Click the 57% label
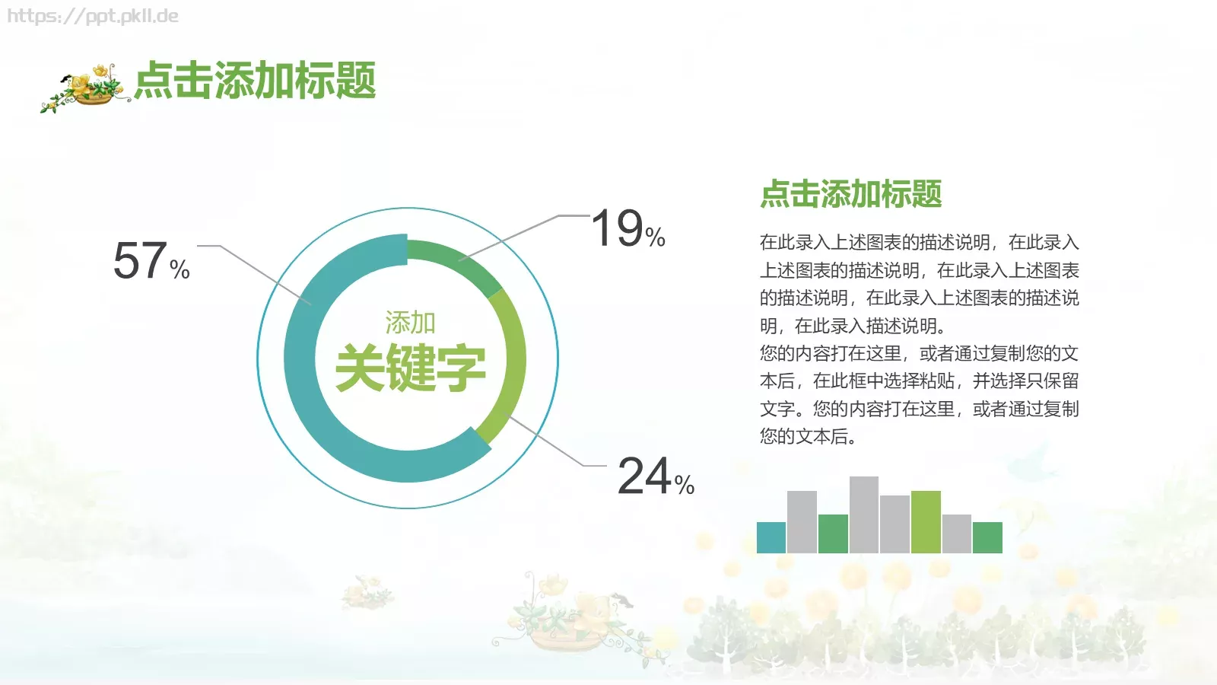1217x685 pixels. pos(151,261)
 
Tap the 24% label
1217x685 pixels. pos(655,476)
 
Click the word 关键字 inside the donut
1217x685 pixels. pos(410,368)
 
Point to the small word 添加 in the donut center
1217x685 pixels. pos(410,323)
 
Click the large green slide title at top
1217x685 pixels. pos(255,81)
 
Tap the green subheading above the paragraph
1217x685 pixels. pos(850,194)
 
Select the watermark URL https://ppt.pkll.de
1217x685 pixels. pos(93,16)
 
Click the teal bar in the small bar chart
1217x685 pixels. pos(771,537)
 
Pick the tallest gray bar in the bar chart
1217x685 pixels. pos(863,515)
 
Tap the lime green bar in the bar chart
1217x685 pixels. pos(926,522)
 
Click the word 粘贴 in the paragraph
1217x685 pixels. pos(937,381)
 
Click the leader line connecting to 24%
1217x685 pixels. pos(548,441)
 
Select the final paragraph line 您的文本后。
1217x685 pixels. pos(808,436)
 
